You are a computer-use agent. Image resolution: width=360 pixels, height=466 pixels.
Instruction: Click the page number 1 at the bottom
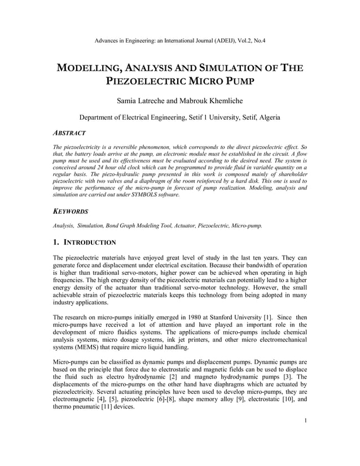pyautogui.click(x=305, y=436)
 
